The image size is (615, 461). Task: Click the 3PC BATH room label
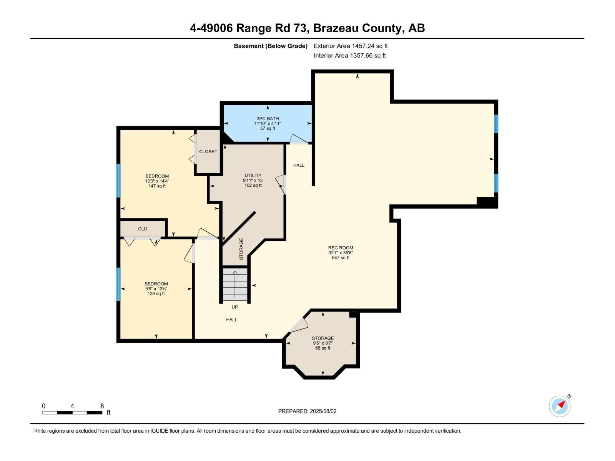268,119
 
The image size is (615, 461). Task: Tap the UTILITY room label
253,176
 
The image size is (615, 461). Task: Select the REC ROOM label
341,248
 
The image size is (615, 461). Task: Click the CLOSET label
208,152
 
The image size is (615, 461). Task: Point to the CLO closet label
143,229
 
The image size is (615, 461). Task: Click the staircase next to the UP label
235,285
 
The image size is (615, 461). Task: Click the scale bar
72,413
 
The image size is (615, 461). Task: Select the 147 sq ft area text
157,186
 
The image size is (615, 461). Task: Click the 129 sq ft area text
156,294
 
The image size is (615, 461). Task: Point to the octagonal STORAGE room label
323,338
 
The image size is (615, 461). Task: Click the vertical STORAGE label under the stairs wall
241,249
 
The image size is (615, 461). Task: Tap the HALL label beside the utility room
299,165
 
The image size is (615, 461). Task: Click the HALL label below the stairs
232,320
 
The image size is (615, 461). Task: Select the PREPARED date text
307,411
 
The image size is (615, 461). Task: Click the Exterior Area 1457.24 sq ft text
351,46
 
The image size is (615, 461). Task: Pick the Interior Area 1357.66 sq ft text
350,55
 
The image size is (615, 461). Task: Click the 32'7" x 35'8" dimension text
341,253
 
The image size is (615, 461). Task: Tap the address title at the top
307,28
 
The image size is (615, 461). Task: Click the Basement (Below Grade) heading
271,46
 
